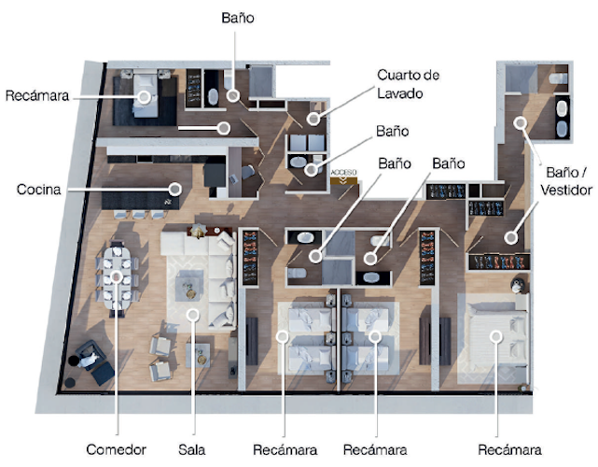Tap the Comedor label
coord(117,449)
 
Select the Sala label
coord(192,449)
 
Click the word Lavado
coord(401,93)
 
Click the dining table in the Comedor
coord(117,277)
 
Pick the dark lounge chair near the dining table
coord(94,360)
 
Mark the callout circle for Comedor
coord(117,276)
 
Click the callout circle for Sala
coord(192,315)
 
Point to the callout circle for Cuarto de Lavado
coord(313,119)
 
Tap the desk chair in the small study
coord(246,173)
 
